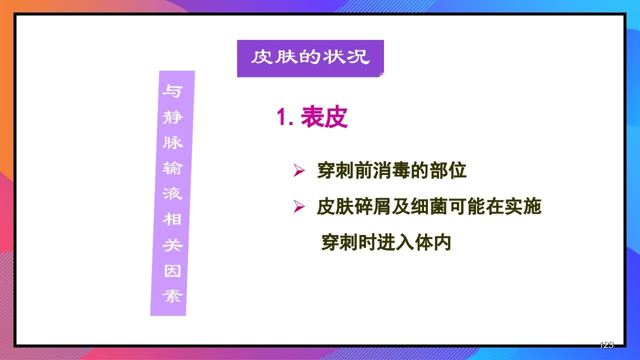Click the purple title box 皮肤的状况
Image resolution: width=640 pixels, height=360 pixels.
[x=310, y=58]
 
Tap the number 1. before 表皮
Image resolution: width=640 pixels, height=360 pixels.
[x=285, y=118]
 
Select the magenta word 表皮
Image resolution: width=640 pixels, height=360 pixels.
[x=324, y=118]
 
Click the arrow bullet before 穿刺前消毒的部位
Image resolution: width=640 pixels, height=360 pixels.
[x=299, y=171]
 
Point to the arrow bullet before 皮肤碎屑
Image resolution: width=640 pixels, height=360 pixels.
[x=299, y=207]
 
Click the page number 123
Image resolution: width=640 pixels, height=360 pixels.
[x=606, y=345]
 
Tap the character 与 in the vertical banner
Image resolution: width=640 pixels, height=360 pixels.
[x=173, y=91]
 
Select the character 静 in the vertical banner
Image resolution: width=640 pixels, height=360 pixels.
[x=173, y=117]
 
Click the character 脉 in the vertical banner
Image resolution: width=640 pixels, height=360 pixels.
[x=173, y=143]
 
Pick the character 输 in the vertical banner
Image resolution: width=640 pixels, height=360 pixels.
[x=173, y=168]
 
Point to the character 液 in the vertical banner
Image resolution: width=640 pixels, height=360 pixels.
[x=173, y=194]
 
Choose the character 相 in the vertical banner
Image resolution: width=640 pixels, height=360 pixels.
[x=173, y=219]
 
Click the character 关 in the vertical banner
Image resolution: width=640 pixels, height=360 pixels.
[x=173, y=245]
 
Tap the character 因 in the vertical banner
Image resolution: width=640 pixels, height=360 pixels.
[x=173, y=271]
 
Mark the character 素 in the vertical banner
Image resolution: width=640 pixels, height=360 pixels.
[x=173, y=296]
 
